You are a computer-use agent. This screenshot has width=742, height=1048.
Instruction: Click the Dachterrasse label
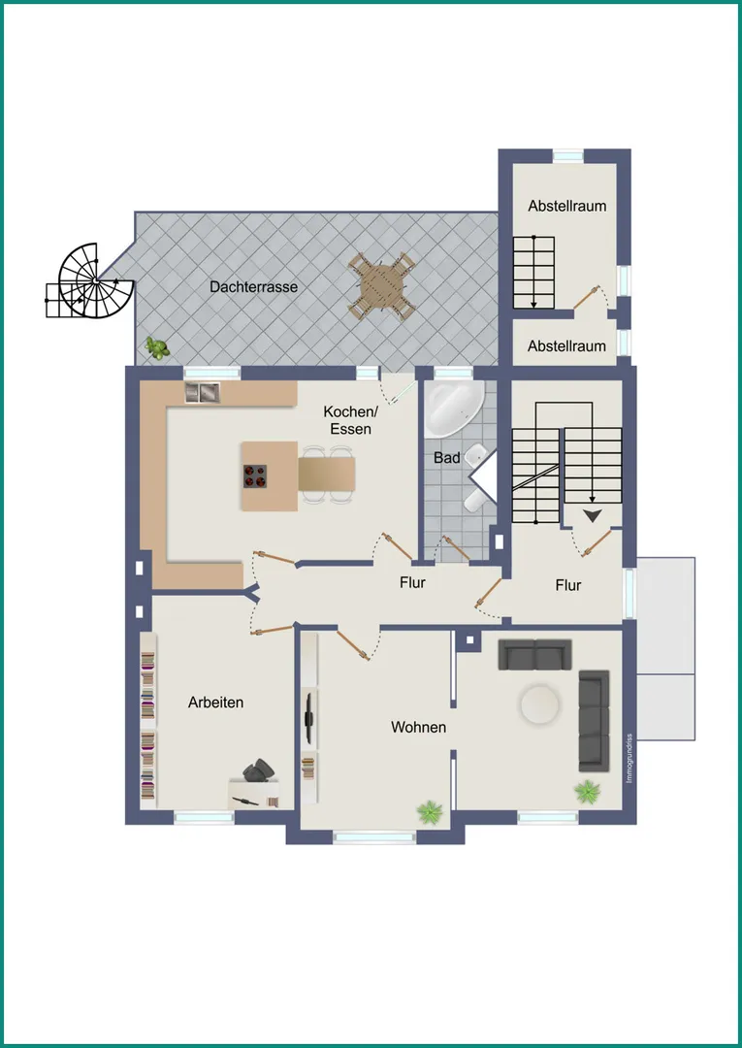pyautogui.click(x=254, y=286)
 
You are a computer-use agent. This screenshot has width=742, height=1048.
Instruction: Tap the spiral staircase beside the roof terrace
pyautogui.click(x=90, y=280)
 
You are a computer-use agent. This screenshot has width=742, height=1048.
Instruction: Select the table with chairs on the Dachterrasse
pyautogui.click(x=382, y=286)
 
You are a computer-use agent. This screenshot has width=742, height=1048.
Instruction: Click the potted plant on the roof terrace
pyautogui.click(x=158, y=348)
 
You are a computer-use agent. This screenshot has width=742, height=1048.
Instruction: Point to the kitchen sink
pyautogui.click(x=203, y=392)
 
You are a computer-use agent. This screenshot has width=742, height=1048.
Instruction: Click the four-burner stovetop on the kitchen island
pyautogui.click(x=255, y=475)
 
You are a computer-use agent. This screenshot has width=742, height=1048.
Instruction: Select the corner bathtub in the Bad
pyautogui.click(x=454, y=409)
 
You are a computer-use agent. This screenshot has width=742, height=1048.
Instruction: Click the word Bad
pyautogui.click(x=447, y=458)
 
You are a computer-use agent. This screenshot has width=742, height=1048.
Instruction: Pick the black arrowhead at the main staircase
pyautogui.click(x=593, y=515)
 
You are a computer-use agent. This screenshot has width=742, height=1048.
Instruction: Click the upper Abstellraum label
pyautogui.click(x=567, y=206)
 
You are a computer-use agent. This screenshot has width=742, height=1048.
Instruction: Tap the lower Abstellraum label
pyautogui.click(x=567, y=346)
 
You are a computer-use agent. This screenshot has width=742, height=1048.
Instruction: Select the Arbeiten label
pyautogui.click(x=215, y=703)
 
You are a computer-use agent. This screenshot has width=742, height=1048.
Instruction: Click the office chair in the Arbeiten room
pyautogui.click(x=258, y=770)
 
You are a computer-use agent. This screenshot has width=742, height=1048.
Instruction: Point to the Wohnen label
pyautogui.click(x=419, y=727)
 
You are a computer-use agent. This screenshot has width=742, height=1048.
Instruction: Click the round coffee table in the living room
pyautogui.click(x=540, y=704)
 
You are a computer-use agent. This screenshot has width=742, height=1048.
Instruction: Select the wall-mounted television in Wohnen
pyautogui.click(x=308, y=718)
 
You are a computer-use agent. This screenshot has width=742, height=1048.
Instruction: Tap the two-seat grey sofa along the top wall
pyautogui.click(x=535, y=654)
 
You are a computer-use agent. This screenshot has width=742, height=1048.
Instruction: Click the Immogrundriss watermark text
pyautogui.click(x=629, y=758)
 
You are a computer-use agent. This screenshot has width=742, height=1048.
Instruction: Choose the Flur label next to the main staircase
pyautogui.click(x=568, y=585)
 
